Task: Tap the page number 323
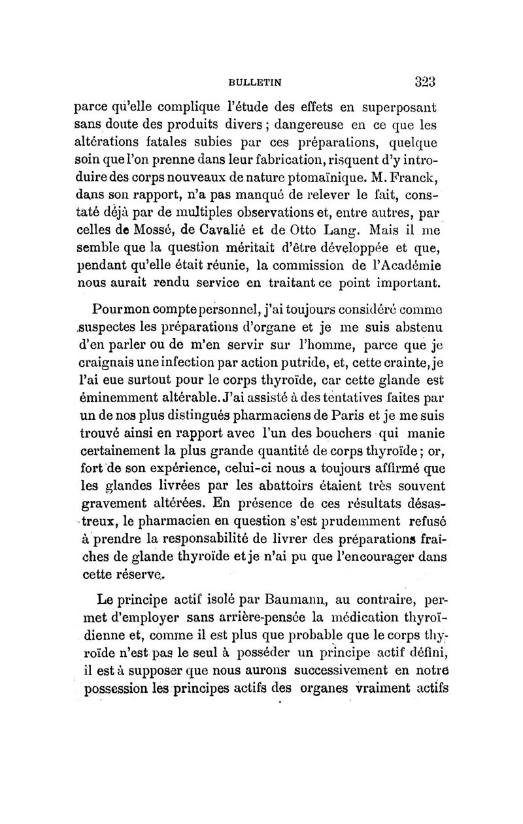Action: point(425,82)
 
